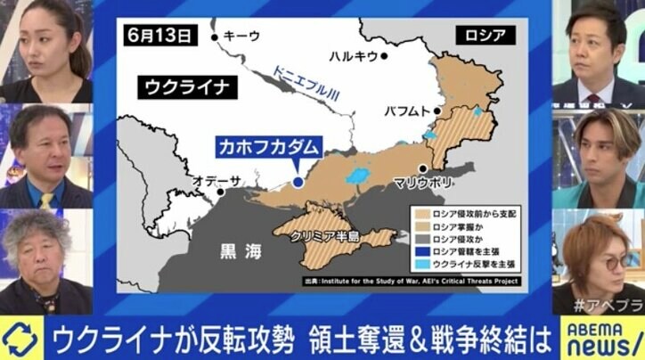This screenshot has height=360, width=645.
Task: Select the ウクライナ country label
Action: click(x=184, y=87)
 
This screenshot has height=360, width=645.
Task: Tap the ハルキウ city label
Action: click(x=353, y=56)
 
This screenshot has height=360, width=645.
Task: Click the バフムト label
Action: click(x=405, y=113)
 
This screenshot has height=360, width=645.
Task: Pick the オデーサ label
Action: click(x=213, y=181)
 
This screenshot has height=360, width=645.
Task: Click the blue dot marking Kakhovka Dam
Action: click(x=297, y=182)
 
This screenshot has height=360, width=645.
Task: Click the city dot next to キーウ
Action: click(x=214, y=37)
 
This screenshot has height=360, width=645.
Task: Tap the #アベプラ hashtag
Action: click(x=605, y=303)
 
